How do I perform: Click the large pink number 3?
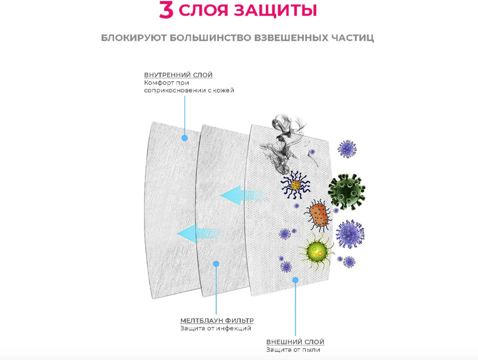coord(166,10)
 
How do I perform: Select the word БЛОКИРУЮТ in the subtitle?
coord(134,38)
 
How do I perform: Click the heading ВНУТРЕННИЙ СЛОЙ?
coord(178,75)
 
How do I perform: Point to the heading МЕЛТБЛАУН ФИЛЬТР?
coord(217,320)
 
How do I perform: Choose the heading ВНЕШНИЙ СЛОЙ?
coord(295,341)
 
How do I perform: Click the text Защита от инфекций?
coord(216,328)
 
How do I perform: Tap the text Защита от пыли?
coord(293,349)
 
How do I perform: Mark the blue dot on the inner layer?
coord(184,138)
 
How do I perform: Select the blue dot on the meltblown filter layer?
coord(216,264)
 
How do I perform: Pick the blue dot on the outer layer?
coord(295,280)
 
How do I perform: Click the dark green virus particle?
coord(346,191)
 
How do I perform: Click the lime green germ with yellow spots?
coord(317,251)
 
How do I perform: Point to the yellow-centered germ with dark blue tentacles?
coord(295,185)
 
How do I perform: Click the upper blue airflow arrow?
coord(241,195)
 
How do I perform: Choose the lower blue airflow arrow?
coord(200,234)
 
